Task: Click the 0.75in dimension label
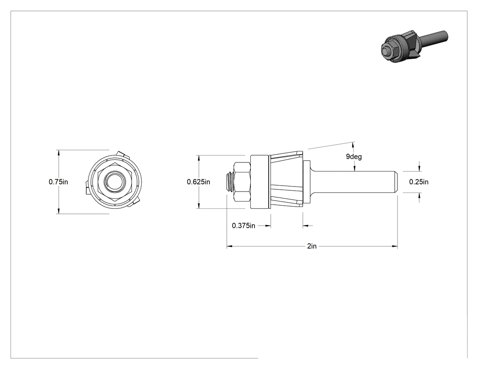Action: click(58, 182)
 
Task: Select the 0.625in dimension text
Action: click(198, 182)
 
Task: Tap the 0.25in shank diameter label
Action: click(418, 182)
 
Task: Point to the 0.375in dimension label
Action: click(244, 226)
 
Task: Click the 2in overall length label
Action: click(312, 246)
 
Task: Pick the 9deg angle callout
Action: click(354, 157)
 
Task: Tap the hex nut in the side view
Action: click(242, 182)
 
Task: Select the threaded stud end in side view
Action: click(230, 182)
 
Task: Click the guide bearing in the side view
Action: click(260, 182)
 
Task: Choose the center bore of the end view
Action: click(115, 182)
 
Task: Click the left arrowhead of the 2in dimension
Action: click(229, 246)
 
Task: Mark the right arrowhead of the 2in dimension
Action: click(395, 246)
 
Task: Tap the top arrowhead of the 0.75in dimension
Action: click(58, 153)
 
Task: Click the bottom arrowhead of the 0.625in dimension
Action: click(199, 206)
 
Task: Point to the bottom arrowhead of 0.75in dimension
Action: click(58, 211)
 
